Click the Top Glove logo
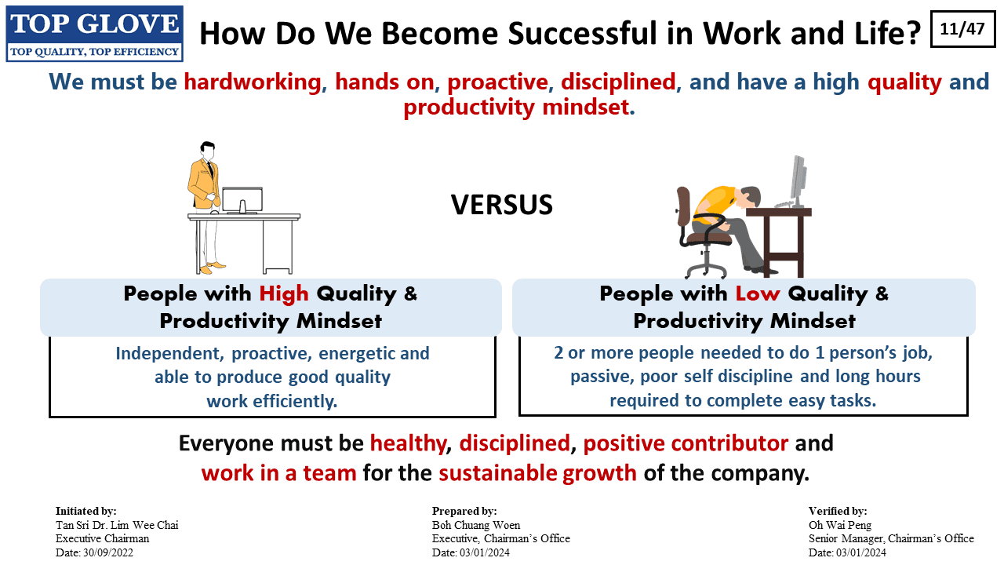tap(94, 34)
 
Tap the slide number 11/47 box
tap(962, 29)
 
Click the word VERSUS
tap(501, 205)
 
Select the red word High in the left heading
tap(284, 294)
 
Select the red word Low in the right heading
tap(758, 294)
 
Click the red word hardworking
tap(253, 82)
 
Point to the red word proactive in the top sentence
tap(497, 82)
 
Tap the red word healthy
tap(408, 443)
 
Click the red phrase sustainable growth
tap(537, 473)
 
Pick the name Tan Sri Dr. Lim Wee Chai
tap(117, 525)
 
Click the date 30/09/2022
tap(108, 552)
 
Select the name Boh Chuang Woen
tap(476, 525)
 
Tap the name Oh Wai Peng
tap(840, 525)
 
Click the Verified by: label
tap(838, 511)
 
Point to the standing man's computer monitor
tap(242, 200)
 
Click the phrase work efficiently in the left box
tap(271, 401)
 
